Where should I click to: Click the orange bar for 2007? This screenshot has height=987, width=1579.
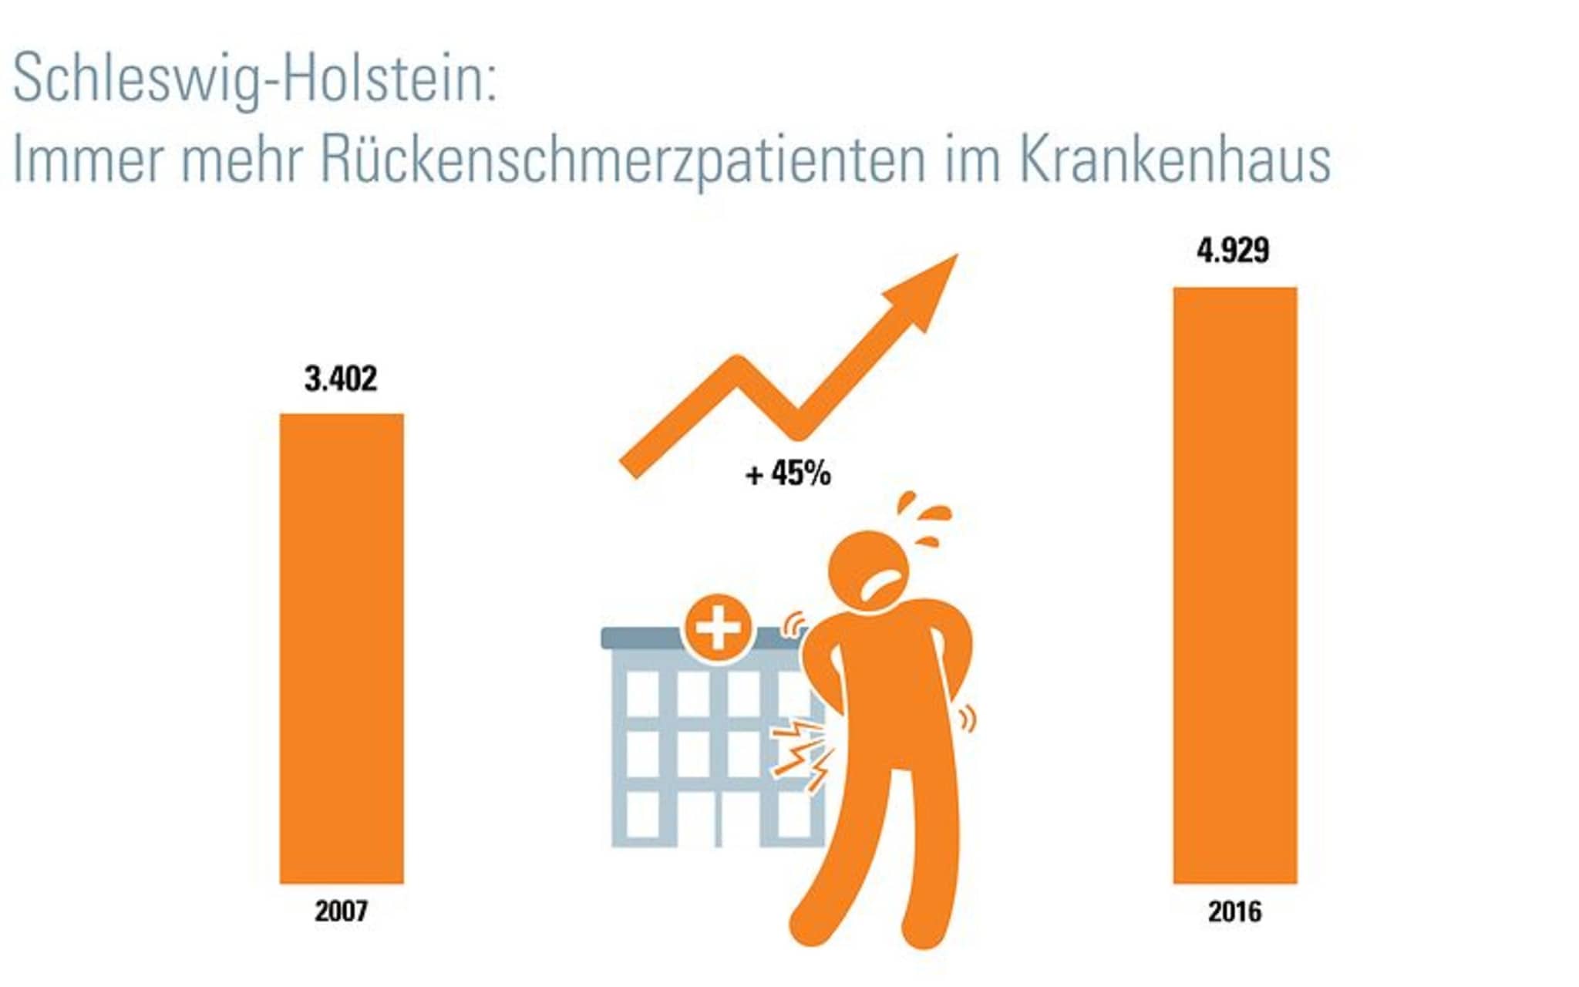(341, 648)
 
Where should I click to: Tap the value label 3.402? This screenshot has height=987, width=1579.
(341, 379)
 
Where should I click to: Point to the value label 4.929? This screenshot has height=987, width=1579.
(1233, 251)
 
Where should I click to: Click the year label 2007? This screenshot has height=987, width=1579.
(341, 911)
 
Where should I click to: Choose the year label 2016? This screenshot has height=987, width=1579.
(1234, 912)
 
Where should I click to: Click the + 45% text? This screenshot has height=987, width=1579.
(788, 473)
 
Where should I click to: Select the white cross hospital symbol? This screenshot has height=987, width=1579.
(718, 628)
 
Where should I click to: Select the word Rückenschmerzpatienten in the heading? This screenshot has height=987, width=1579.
(622, 160)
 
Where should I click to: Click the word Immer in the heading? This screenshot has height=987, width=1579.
(89, 160)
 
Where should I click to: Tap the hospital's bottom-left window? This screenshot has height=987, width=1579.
(642, 814)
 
